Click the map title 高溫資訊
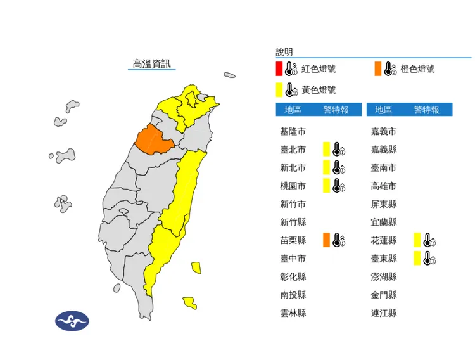[x=151, y=64]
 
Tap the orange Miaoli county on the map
[x=154, y=138]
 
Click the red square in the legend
[x=279, y=69]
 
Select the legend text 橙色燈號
[x=417, y=69]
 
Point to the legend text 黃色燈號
[x=319, y=89]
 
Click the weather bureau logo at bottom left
[x=72, y=321]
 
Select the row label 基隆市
[x=293, y=132]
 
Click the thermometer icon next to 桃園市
[x=340, y=186]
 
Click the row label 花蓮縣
[x=384, y=240]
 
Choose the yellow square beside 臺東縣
[x=417, y=258]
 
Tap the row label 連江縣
[x=384, y=312]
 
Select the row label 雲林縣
[x=293, y=312]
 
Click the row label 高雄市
[x=384, y=186]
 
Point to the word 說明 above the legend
[x=284, y=52]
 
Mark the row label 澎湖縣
[x=384, y=276]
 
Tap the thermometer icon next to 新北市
[x=340, y=168]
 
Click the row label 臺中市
[x=293, y=258]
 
